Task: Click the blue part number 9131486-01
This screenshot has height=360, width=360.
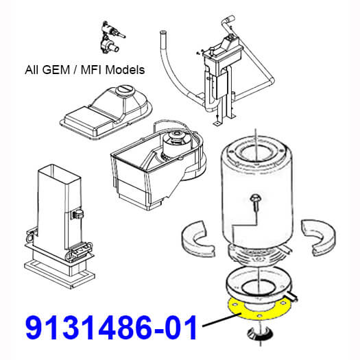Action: (111, 328)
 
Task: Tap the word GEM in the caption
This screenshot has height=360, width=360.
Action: (56, 69)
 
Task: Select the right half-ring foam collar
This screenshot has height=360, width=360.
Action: (320, 238)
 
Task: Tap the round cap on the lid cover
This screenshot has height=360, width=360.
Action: (125, 91)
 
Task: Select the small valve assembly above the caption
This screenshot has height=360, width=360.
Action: (111, 37)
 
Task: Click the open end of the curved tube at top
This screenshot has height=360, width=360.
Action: (163, 32)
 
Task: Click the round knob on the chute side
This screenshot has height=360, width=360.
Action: (78, 214)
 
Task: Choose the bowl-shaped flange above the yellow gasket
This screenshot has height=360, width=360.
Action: (259, 285)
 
